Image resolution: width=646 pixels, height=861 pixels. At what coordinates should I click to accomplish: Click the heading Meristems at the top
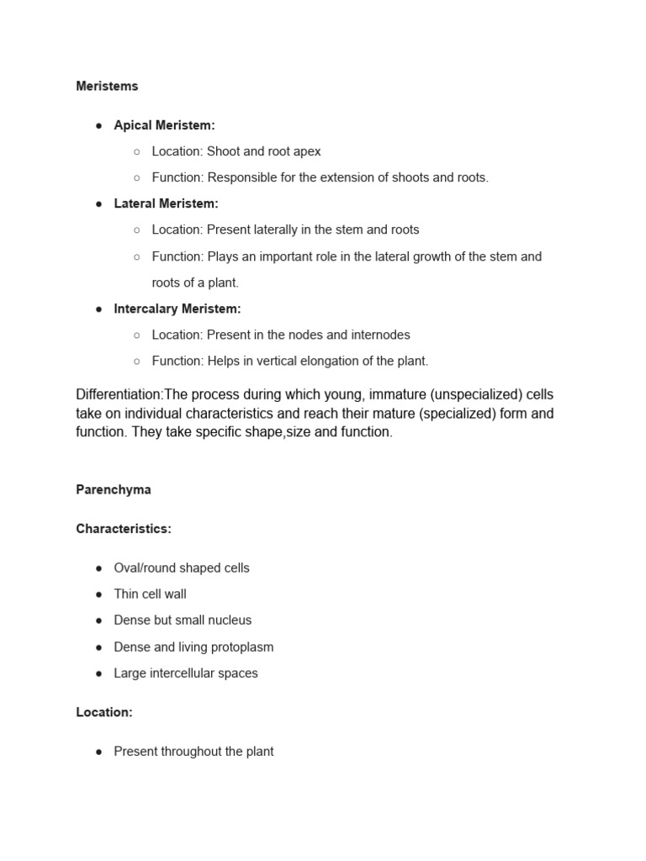[107, 86]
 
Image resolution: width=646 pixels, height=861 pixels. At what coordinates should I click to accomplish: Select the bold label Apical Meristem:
[164, 125]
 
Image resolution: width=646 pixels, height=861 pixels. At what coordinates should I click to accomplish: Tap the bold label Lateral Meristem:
[166, 203]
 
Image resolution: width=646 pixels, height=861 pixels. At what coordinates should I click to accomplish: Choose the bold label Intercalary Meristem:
[177, 309]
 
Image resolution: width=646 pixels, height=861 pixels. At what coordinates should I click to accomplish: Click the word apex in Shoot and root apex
[306, 151]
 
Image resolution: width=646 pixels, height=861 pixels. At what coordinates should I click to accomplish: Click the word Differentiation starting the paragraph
[119, 395]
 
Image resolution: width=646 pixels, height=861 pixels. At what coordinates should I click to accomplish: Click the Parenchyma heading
[114, 489]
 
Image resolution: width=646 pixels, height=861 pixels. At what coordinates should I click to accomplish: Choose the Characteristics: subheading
[124, 529]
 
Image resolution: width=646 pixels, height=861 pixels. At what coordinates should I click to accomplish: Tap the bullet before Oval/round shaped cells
[99, 568]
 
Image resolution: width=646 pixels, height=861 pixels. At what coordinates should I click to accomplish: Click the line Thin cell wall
[150, 594]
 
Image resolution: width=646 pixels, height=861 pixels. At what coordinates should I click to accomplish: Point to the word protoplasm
[241, 647]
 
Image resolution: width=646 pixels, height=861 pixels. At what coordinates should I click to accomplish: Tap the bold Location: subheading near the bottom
[104, 712]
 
